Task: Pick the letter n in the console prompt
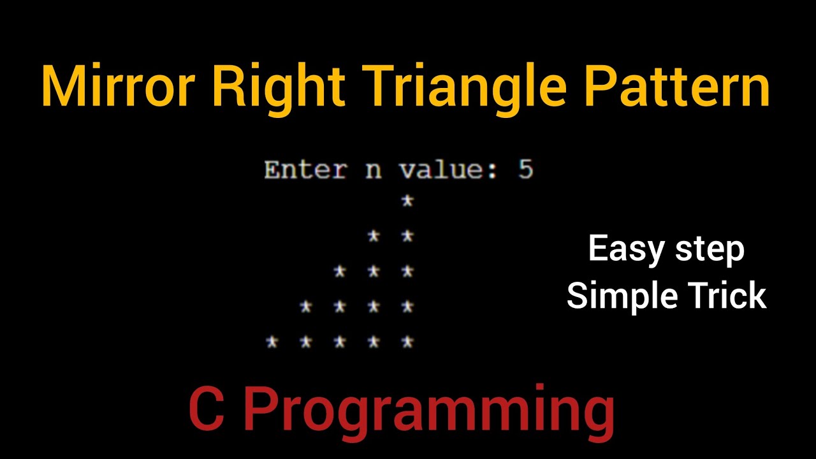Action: tap(373, 171)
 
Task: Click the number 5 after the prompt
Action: tap(525, 170)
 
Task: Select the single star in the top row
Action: tap(407, 201)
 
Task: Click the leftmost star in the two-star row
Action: tap(374, 237)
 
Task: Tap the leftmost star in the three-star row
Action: tap(340, 272)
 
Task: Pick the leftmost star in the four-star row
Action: tap(306, 307)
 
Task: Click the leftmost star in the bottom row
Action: tap(272, 342)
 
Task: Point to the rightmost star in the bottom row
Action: tap(407, 342)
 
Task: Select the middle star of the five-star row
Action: tap(340, 342)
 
